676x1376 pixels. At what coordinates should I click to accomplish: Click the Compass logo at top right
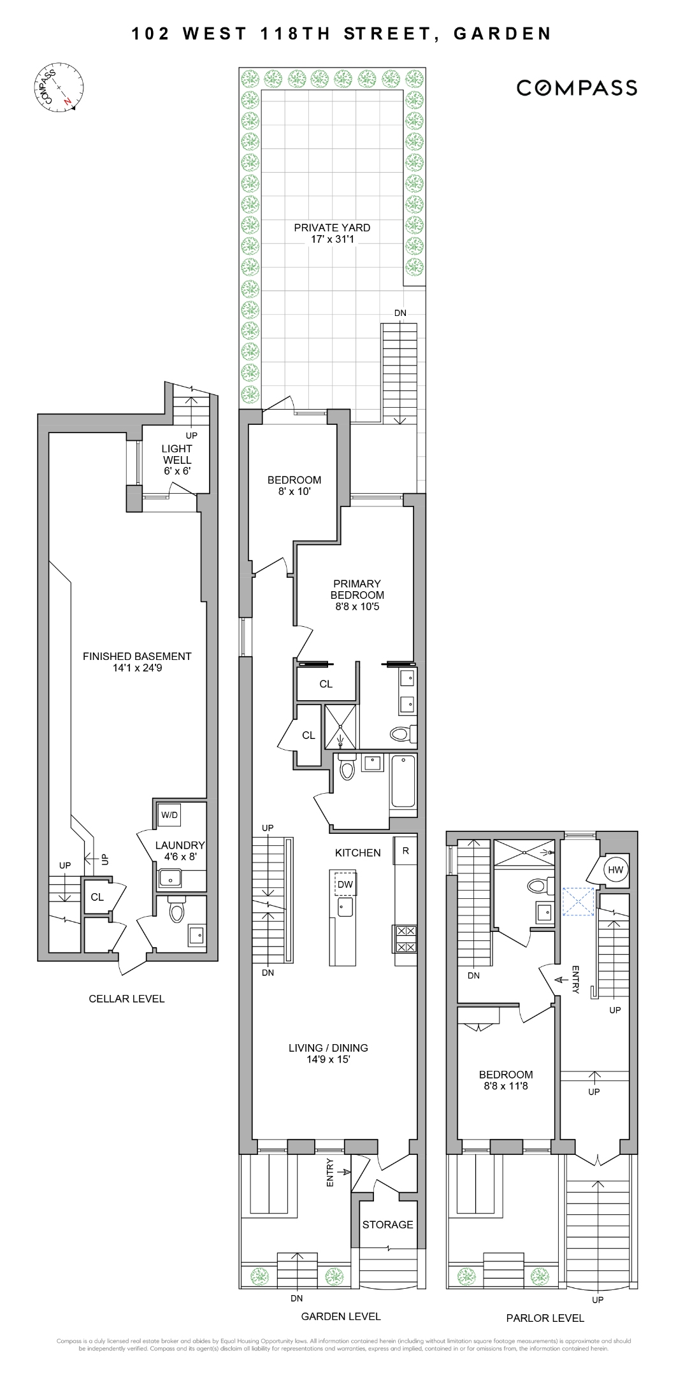(577, 88)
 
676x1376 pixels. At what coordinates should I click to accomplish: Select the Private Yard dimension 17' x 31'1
(331, 240)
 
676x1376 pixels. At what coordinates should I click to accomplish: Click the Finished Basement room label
(137, 656)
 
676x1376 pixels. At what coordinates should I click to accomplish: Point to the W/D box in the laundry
(169, 815)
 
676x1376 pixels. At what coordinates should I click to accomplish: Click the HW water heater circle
(615, 870)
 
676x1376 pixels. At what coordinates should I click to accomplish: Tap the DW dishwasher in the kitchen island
(345, 884)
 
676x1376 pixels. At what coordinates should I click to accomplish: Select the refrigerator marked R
(405, 850)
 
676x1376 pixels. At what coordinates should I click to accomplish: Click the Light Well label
(176, 454)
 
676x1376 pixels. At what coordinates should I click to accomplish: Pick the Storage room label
(387, 1224)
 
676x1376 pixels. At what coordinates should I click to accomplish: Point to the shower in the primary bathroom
(342, 726)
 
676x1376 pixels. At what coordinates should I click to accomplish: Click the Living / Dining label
(328, 1048)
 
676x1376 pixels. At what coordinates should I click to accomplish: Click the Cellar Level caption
(126, 999)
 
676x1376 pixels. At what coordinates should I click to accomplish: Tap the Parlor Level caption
(545, 1318)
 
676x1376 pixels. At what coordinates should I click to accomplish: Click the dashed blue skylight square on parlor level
(578, 901)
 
